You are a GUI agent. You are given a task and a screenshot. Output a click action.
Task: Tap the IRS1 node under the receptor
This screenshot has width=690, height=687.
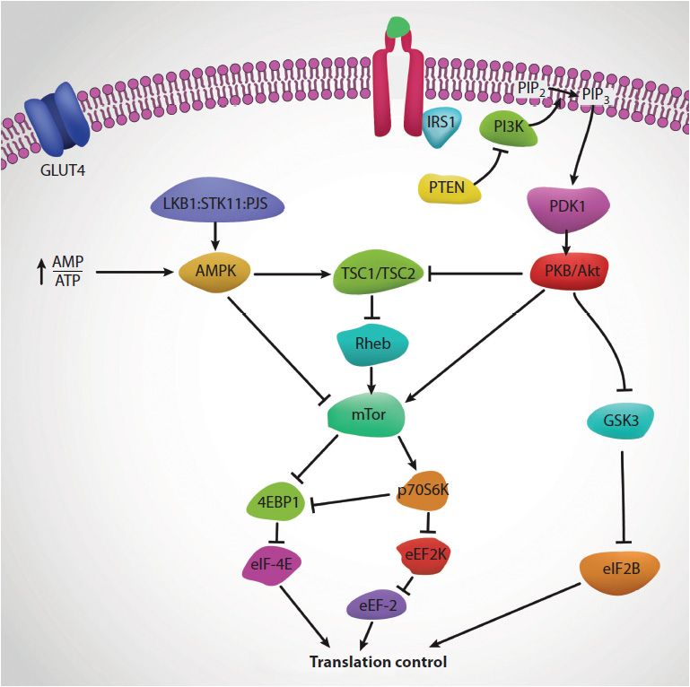[441, 129]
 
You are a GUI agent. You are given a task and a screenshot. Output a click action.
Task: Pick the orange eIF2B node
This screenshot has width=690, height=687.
[620, 567]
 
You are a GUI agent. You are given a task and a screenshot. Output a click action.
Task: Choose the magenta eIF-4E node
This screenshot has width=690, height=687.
[275, 566]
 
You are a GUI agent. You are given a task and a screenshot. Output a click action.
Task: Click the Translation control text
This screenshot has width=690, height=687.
[377, 663]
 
